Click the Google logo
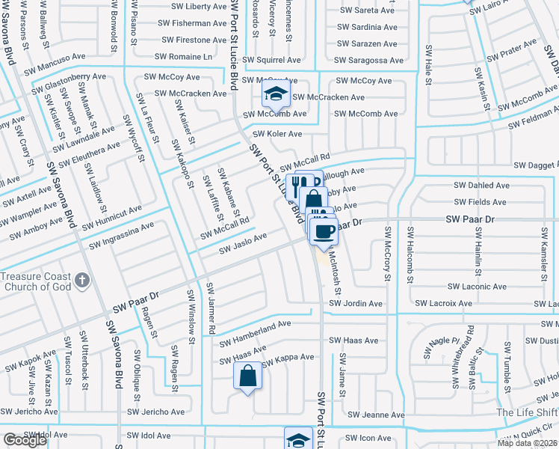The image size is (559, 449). tap(24, 440)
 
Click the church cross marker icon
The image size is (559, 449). tap(82, 281)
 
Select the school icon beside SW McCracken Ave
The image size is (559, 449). tap(274, 94)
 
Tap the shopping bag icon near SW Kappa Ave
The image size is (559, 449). tap(248, 376)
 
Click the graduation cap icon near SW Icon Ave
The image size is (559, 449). tap(297, 439)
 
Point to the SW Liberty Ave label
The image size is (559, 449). tap(195, 7)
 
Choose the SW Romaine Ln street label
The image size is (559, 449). tap(184, 57)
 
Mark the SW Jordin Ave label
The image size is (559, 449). tap(356, 304)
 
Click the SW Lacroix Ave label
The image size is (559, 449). tap(445, 304)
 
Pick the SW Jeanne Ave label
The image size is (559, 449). tap(377, 415)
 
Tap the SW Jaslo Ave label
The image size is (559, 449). tap(243, 240)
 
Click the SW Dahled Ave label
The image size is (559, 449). tap(480, 185)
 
